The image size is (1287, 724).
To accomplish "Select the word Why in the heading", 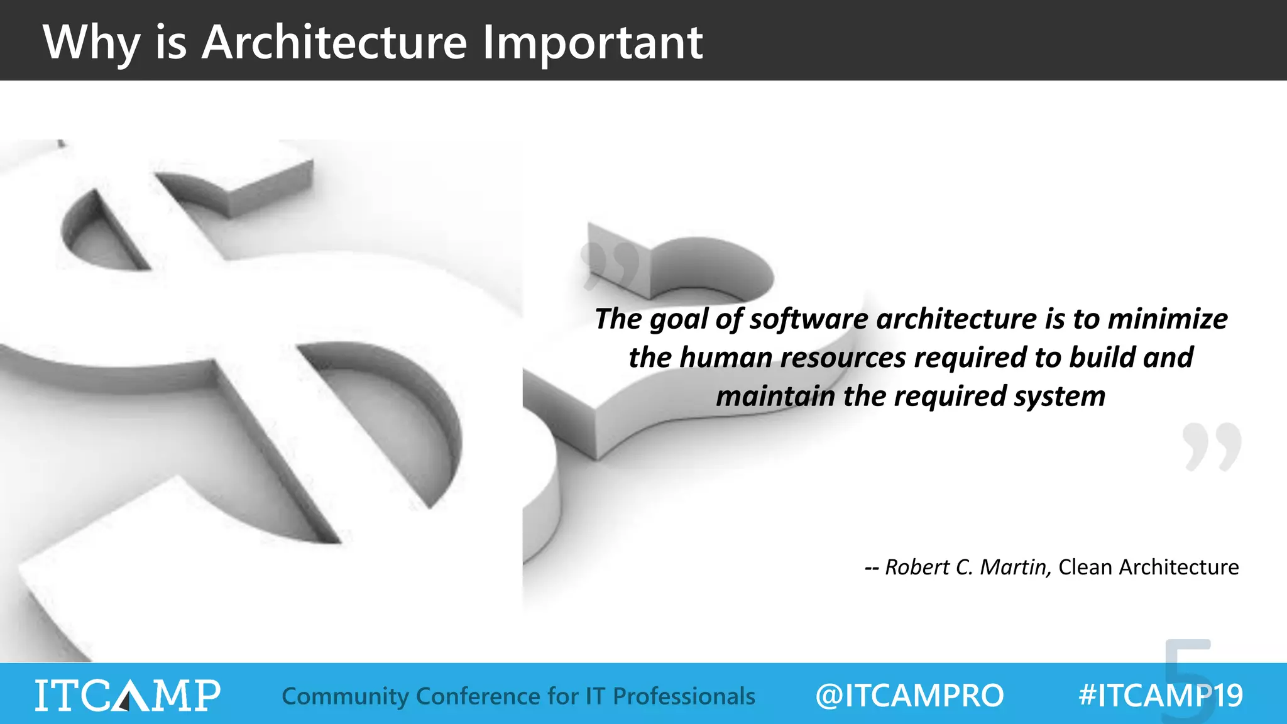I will click(x=90, y=43).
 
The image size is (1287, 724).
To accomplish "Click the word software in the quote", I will click(x=808, y=319).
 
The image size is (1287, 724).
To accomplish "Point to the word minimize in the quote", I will click(x=1167, y=319).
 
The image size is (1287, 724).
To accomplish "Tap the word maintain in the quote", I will click(x=775, y=397).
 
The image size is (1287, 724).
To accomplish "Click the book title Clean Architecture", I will click(x=1148, y=567).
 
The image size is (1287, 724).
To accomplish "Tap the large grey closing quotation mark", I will click(x=1211, y=447).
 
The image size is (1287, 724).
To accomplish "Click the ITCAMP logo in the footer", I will click(x=128, y=695).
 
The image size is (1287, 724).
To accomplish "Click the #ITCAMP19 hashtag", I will click(x=1160, y=696).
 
